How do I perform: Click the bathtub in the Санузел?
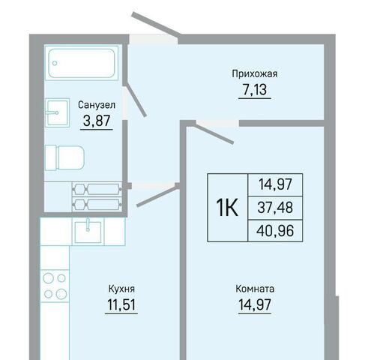82,63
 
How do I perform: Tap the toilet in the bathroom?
64,158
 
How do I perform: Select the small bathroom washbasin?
57,112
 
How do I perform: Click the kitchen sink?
88,232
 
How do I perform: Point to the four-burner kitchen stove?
55,286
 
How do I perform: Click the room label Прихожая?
255,74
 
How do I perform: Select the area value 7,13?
255,89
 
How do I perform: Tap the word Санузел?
97,105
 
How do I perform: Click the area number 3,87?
97,121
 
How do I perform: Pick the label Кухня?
121,289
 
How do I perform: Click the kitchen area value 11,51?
121,304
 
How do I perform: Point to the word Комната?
255,289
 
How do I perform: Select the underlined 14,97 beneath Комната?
255,304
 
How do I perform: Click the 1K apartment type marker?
227,208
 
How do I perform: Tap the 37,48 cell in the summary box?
275,208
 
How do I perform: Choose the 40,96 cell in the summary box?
275,231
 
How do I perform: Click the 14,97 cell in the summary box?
275,184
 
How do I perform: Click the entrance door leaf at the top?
156,25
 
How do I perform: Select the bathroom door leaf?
136,100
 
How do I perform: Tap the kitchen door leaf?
157,196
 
